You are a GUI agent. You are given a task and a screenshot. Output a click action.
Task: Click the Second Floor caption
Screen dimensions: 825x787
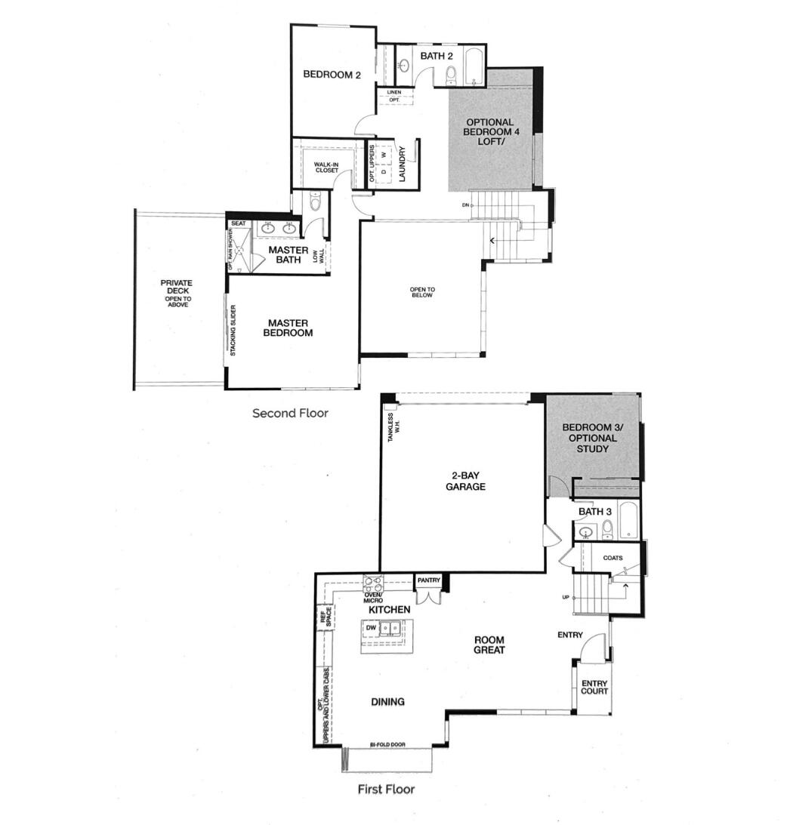coord(290,413)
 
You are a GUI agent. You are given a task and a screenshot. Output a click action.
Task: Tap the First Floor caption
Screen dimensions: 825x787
coord(386,790)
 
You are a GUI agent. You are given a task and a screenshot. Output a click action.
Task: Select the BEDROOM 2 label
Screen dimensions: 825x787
coord(332,75)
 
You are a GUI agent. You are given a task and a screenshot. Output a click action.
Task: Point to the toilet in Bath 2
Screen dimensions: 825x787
coord(451,74)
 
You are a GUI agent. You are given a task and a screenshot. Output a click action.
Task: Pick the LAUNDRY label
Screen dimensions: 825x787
coord(403,163)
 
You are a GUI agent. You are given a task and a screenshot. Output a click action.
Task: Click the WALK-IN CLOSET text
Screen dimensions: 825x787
coord(327,167)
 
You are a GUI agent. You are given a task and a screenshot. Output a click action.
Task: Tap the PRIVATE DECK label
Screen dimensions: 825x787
coord(176,293)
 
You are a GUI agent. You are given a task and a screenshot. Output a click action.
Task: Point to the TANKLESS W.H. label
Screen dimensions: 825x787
coord(390,427)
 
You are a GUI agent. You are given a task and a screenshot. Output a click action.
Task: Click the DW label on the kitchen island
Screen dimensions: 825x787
coord(371,627)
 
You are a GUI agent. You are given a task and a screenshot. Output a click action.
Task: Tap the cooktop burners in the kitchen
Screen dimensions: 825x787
coord(374,582)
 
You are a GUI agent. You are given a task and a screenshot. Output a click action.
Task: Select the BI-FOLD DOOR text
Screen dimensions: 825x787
coord(387,745)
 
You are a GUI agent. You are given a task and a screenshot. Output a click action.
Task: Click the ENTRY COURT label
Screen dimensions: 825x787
coord(594,688)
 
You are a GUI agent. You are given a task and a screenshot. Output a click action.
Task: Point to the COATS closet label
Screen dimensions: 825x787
coord(613,558)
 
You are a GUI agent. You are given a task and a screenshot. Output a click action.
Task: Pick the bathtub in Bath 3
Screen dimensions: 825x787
coord(628,522)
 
